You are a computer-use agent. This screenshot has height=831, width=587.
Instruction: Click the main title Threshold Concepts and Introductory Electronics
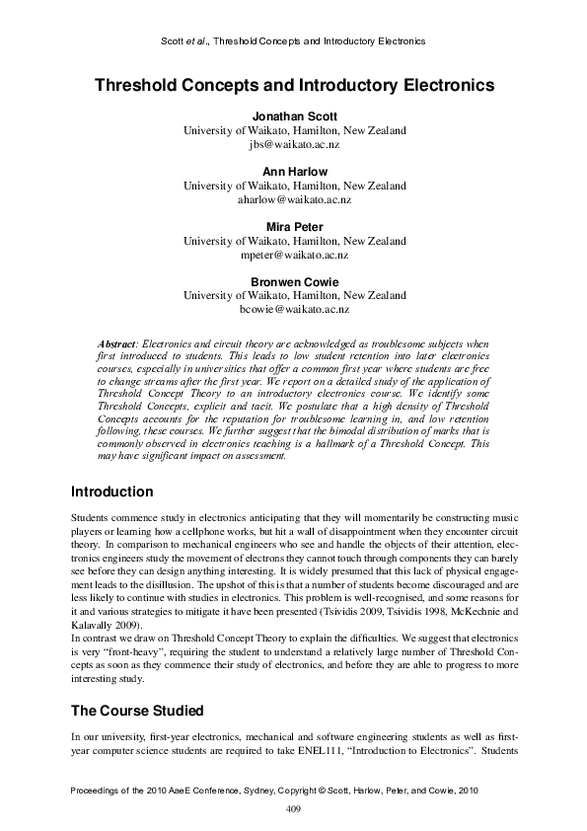click(294, 86)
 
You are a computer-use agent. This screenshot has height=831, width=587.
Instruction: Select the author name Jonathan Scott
click(294, 116)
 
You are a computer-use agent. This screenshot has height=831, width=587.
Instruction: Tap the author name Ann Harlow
click(294, 172)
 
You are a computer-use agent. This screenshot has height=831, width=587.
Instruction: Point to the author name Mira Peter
click(294, 227)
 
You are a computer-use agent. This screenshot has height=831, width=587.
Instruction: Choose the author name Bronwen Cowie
click(294, 282)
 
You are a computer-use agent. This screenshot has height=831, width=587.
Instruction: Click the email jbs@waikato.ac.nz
click(294, 144)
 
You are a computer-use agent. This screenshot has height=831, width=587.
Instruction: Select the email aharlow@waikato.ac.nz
click(294, 199)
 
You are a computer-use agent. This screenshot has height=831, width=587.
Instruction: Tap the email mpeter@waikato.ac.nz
click(294, 255)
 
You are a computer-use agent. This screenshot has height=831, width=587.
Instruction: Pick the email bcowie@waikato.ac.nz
click(294, 310)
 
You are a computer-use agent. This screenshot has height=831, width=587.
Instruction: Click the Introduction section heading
click(112, 491)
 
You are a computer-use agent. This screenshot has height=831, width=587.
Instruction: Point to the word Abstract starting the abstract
click(123, 341)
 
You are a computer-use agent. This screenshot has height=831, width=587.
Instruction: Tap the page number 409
click(293, 809)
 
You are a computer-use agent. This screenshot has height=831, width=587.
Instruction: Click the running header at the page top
click(292, 41)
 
